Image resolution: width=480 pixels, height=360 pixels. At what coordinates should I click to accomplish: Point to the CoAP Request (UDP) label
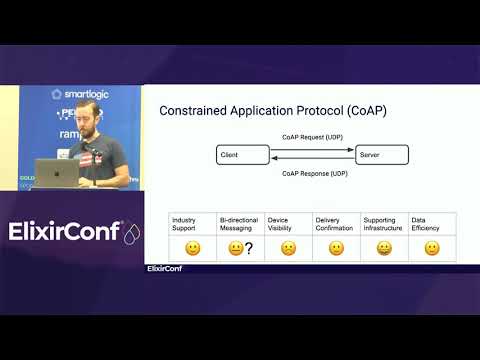313,137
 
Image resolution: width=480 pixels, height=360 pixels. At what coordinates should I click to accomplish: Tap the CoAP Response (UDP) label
313,174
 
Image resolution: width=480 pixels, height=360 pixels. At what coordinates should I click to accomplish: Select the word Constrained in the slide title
193,110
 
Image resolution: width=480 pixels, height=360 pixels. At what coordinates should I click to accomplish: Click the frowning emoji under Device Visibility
288,248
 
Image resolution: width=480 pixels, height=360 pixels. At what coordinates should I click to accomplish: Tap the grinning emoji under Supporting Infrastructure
384,248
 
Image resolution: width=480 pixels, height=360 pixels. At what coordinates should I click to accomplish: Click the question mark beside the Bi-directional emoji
247,248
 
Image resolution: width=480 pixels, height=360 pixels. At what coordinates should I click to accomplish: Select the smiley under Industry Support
192,248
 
